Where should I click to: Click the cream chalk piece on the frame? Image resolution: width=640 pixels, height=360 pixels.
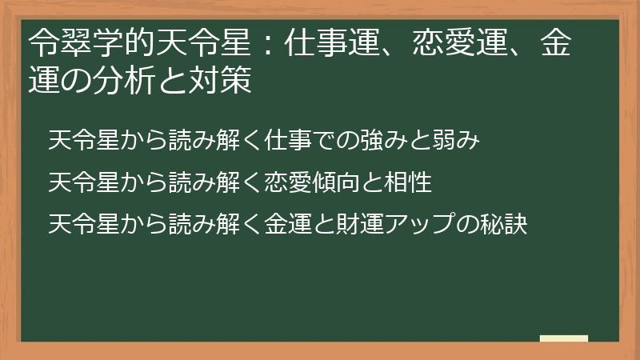point(563,338)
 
